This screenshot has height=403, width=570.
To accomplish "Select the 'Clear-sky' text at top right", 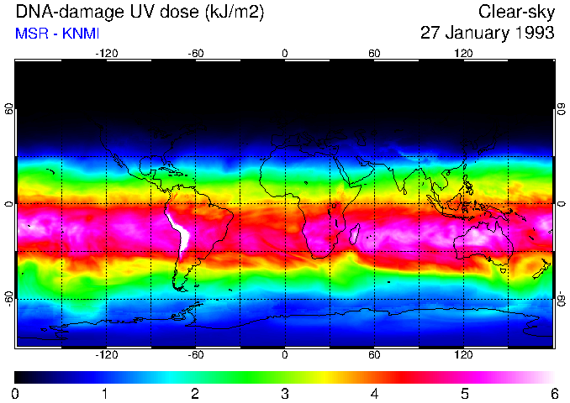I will (516, 12).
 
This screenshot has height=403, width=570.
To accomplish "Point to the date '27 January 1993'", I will (487, 34).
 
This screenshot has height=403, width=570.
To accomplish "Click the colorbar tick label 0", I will (16, 394).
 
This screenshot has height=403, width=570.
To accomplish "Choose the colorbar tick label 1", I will (105, 394).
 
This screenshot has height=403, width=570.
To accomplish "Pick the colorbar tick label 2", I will (195, 394).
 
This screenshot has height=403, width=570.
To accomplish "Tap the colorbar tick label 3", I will (285, 394).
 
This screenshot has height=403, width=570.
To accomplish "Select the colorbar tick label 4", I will (374, 394).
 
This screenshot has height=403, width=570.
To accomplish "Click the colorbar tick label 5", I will (464, 394).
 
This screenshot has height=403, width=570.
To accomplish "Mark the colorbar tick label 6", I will (553, 394).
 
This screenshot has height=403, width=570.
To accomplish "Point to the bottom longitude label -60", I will (196, 355).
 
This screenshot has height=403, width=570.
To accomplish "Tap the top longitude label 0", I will (285, 54).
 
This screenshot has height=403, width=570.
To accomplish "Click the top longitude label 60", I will (374, 54).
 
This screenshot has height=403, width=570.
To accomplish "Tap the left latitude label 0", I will (9, 204).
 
